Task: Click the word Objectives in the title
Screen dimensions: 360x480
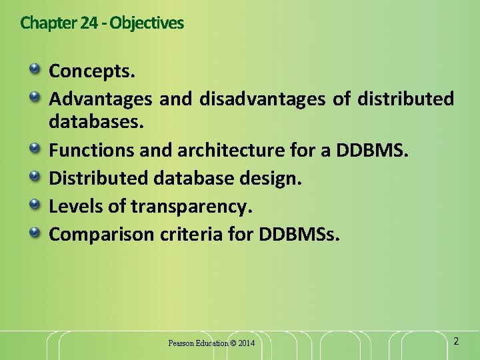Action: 147,23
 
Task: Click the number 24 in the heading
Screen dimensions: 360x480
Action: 88,23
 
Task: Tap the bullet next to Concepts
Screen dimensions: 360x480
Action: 34,69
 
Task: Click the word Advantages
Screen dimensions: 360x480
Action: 101,100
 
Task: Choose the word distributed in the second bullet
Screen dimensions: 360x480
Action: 405,100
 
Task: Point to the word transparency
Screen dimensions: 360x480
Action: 191,207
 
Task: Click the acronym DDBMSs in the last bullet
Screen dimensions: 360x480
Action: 302,235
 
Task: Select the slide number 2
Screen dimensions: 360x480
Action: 456,341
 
